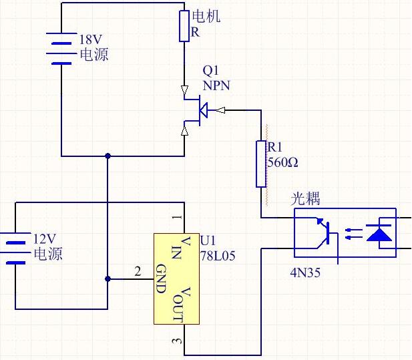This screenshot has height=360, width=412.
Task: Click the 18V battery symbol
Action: click(61, 48)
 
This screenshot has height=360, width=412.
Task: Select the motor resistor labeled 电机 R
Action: click(184, 26)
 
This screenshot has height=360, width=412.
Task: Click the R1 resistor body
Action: click(261, 164)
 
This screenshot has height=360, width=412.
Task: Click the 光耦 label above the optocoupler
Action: click(305, 199)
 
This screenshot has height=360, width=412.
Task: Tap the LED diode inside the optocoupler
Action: click(381, 233)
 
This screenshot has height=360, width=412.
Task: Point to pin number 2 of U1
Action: click(138, 271)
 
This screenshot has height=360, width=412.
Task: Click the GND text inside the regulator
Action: click(160, 279)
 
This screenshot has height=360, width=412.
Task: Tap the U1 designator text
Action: click(208, 240)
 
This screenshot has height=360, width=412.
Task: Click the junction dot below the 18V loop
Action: click(108, 156)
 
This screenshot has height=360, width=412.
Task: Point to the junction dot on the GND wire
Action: click(108, 279)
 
